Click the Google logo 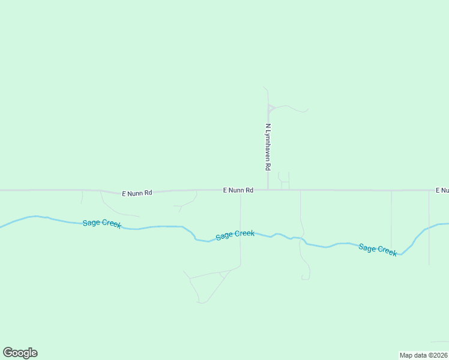[x=20, y=353]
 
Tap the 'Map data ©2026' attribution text [x=424, y=355]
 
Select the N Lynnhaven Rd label [x=268, y=148]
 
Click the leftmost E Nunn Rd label [x=137, y=193]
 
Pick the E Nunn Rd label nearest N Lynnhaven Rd [x=238, y=190]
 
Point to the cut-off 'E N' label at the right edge [x=442, y=190]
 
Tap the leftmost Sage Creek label [x=102, y=223]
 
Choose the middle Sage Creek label [x=235, y=235]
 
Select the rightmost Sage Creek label [x=378, y=249]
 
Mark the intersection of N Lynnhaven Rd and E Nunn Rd [x=268, y=190]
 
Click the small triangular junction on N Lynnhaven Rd [x=270, y=109]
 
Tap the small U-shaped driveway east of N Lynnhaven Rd [x=284, y=179]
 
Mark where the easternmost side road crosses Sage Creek [x=429, y=228]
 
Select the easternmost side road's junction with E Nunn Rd [x=429, y=190]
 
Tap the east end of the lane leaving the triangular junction [x=307, y=110]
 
